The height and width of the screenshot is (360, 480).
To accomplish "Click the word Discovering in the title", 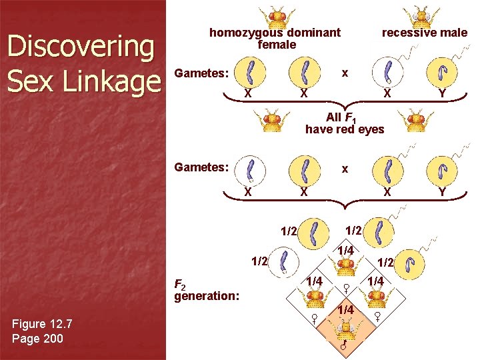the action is click(80, 47).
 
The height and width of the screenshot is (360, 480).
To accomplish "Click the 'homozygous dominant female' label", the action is click(275, 38).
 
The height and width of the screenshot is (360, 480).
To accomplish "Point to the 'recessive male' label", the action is click(424, 33).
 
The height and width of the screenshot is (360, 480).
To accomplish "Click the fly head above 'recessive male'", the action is click(420, 15).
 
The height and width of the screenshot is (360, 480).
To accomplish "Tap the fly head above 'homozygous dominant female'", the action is click(275, 15).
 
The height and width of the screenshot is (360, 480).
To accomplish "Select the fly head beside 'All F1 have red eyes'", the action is click(273, 121).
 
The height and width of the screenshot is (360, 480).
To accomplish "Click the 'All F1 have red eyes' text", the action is click(345, 123).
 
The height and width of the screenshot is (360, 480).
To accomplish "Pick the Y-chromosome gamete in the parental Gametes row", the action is click(441, 71).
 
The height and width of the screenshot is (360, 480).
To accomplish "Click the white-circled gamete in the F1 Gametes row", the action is click(251, 170).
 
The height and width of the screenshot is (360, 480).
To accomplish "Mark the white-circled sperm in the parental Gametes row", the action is click(385, 71).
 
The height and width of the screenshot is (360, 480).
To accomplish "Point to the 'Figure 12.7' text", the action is click(42, 324).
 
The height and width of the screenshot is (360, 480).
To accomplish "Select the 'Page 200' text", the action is click(37, 339).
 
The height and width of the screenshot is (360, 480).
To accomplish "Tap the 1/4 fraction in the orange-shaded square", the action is click(345, 310).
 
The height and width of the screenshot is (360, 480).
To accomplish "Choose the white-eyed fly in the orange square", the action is click(345, 328).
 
